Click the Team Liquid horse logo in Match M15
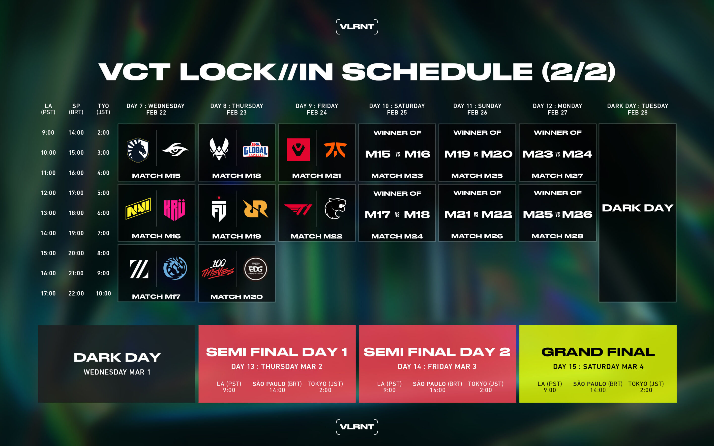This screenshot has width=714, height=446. (138, 150)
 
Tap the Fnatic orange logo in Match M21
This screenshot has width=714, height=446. (335, 150)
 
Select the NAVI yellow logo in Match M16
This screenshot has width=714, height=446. (138, 209)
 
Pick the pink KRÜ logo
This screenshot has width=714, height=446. (174, 210)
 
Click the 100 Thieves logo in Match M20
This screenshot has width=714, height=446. (217, 269)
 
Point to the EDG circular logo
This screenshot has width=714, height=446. (256, 269)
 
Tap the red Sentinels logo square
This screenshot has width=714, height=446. (298, 150)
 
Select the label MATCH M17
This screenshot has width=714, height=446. (156, 296)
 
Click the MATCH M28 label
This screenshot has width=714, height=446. (557, 236)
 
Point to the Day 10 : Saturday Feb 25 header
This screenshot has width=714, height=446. (397, 109)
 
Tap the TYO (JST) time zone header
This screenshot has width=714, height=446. (103, 109)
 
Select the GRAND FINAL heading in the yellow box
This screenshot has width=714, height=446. (598, 352)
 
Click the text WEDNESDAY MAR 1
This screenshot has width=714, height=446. (117, 372)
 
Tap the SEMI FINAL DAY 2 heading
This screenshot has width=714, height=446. (437, 352)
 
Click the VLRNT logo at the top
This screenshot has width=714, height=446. (357, 27)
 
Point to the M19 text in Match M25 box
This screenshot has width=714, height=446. (457, 154)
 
